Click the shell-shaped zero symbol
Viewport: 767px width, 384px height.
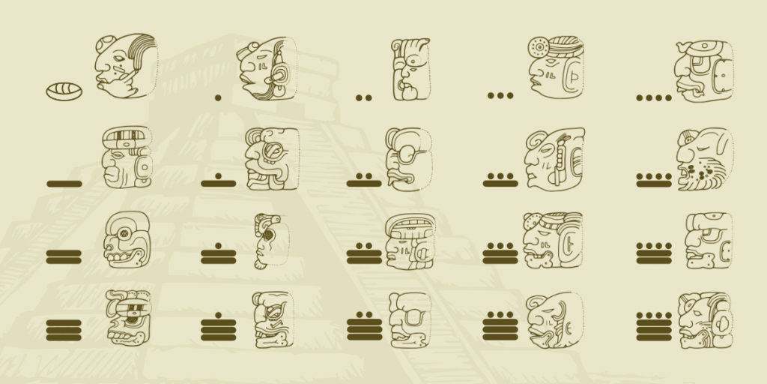[x=64, y=91]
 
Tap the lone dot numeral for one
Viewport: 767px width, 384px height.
[x=218, y=98]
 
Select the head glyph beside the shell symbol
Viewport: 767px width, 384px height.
[x=126, y=66]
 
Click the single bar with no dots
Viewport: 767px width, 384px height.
[x=64, y=184]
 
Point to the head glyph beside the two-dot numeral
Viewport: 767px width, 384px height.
[x=411, y=69]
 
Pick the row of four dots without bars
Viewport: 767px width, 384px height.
[x=654, y=98]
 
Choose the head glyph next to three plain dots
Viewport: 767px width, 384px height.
[x=556, y=67]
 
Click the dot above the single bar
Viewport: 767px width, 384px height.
[x=218, y=175]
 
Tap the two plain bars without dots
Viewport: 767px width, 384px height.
[x=64, y=257]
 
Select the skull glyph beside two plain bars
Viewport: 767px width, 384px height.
[x=126, y=239]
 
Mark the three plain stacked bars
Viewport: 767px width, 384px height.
[x=64, y=331]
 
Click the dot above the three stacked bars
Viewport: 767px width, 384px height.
[x=218, y=316]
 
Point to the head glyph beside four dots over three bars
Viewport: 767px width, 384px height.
[x=706, y=320]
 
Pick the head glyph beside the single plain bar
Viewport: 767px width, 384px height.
[x=127, y=157]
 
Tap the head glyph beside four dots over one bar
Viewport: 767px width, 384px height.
[x=705, y=159]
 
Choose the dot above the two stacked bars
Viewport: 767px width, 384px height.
[x=218, y=246]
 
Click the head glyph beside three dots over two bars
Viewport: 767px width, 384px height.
[x=553, y=240]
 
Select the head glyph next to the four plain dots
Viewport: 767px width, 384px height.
[x=703, y=71]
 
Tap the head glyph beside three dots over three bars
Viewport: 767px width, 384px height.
[x=555, y=320]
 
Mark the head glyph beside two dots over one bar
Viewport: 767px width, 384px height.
[x=409, y=159]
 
